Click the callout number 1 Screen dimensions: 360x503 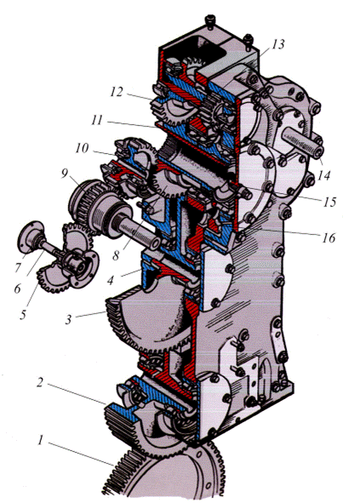pyautogui.click(x=41, y=441)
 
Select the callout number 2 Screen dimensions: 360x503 pyautogui.click(x=39, y=382)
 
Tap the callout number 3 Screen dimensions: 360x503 pyautogui.click(x=68, y=319)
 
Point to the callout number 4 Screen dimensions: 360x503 pyautogui.click(x=111, y=281)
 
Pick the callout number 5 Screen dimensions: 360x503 pyautogui.click(x=23, y=314)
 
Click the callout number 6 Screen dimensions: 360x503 pyautogui.click(x=17, y=288)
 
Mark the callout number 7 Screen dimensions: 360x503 pyautogui.click(x=18, y=267)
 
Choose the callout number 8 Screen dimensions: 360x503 pyautogui.click(x=116, y=255)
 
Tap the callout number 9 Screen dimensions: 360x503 pyautogui.click(x=65, y=174)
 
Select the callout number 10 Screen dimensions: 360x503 pyautogui.click(x=82, y=148)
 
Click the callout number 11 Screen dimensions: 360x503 pyautogui.click(x=96, y=120)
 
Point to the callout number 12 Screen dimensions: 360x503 pyautogui.click(x=116, y=92)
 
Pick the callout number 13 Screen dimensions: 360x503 pyautogui.click(x=277, y=44)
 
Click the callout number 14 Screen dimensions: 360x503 pyautogui.click(x=323, y=175)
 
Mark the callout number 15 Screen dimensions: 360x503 pyautogui.click(x=329, y=202)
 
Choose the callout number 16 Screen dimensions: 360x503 pyautogui.click(x=329, y=237)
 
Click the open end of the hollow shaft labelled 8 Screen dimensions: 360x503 pyautogui.click(x=155, y=243)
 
